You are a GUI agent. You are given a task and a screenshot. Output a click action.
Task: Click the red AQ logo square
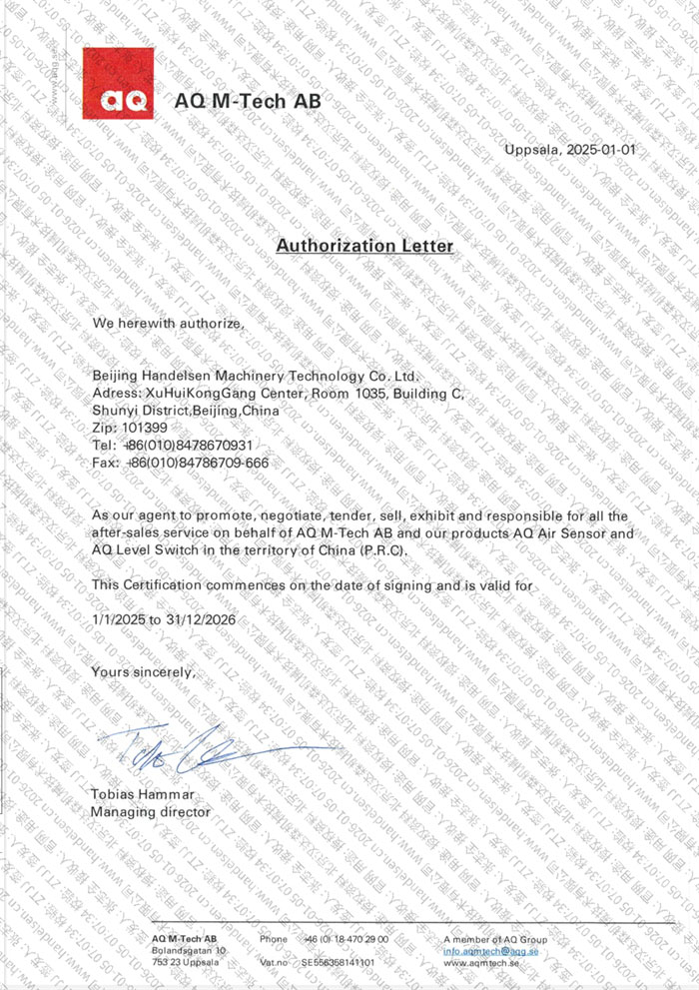(x=117, y=84)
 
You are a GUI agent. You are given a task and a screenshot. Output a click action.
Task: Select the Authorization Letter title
(x=364, y=245)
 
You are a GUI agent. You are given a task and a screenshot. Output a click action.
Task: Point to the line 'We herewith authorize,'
(x=168, y=324)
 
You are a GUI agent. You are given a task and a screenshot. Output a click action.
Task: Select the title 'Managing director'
(x=151, y=812)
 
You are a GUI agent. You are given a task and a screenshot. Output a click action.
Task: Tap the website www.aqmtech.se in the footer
(x=481, y=962)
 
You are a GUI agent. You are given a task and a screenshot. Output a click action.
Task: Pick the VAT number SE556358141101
(x=339, y=962)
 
